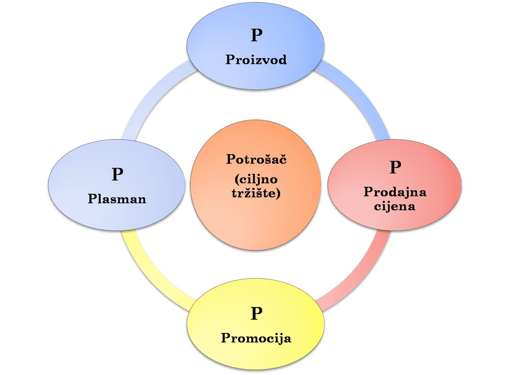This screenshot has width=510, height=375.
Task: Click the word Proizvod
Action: [256, 60]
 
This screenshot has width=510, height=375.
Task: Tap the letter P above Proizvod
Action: [256, 35]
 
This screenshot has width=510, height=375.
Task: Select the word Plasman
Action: [117, 199]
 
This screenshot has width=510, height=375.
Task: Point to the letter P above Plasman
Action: [117, 174]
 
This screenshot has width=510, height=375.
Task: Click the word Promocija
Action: [256, 338]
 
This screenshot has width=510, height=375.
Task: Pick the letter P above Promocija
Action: [256, 314]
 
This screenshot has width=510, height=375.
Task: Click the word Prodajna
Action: [395, 192]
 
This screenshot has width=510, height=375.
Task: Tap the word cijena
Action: [395, 206]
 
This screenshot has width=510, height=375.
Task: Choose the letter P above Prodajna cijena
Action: [395, 167]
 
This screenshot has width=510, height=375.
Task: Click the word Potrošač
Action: [256, 159]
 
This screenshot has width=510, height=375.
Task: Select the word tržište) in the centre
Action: [256, 193]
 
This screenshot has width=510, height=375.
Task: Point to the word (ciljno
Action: [256, 179]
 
